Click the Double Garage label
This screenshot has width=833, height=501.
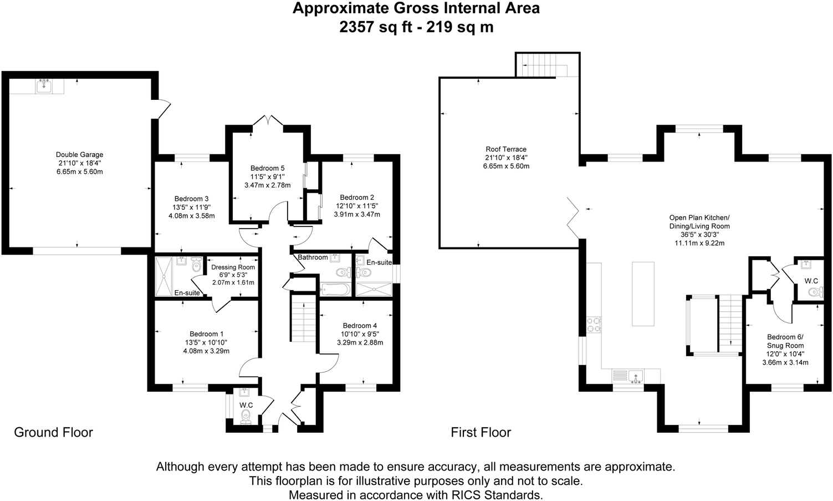tap(80, 154)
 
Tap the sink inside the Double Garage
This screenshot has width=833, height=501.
tap(44, 87)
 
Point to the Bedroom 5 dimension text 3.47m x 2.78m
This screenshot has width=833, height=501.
tap(267, 185)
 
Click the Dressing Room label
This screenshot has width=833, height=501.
tap(233, 267)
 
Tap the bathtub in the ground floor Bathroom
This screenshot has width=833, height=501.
tap(335, 290)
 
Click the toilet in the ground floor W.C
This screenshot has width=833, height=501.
tap(246, 417)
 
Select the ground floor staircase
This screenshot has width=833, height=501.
tap(303, 318)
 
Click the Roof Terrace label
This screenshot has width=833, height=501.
tap(506, 149)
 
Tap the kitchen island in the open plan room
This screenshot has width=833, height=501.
tap(643, 293)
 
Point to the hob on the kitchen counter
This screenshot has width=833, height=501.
tap(594, 324)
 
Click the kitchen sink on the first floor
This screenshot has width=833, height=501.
tap(636, 376)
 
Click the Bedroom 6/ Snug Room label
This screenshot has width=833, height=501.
tap(785, 341)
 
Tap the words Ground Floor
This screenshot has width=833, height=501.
tap(54, 432)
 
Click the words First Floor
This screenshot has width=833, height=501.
tap(481, 432)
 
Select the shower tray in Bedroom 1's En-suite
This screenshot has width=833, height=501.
tap(163, 276)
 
